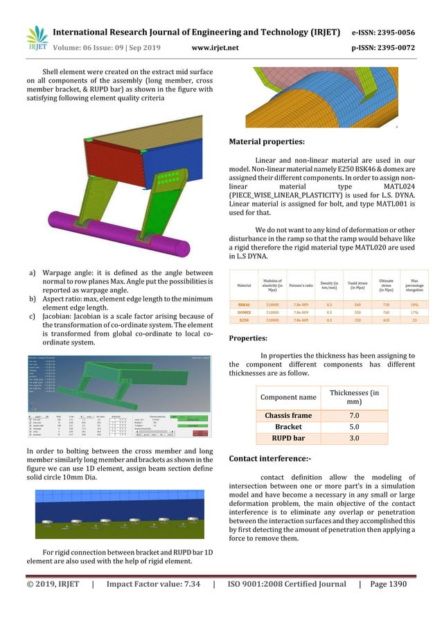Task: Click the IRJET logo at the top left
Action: tap(37, 39)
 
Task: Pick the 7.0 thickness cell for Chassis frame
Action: tap(353, 416)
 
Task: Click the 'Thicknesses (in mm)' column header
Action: tap(353, 398)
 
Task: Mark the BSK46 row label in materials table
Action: tap(244, 303)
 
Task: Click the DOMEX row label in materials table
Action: tap(244, 312)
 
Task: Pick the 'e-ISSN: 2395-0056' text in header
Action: tap(384, 33)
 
